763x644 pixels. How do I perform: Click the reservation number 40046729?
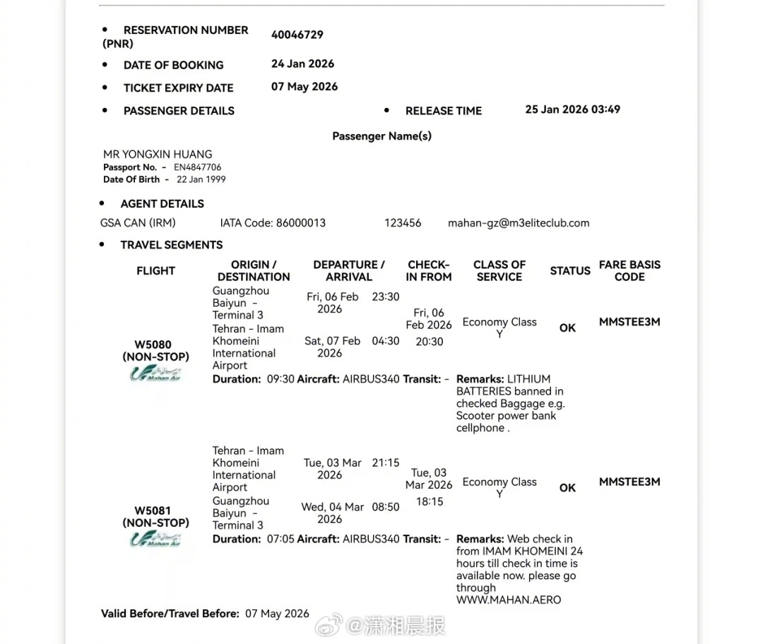[x=297, y=35]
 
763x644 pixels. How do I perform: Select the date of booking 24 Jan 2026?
[x=302, y=64]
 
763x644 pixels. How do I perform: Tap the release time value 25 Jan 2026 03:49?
[x=572, y=109]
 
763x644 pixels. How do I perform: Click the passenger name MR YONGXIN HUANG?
[x=158, y=154]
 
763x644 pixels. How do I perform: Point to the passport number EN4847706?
[x=197, y=167]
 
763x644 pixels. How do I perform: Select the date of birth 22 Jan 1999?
[x=201, y=179]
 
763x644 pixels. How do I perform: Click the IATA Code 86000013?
[x=300, y=222]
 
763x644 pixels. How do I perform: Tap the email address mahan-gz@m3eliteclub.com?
[x=518, y=222]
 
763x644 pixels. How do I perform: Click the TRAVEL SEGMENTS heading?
[x=171, y=245]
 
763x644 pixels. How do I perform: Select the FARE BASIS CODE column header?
[x=629, y=270]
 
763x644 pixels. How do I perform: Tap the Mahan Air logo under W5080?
[x=155, y=374]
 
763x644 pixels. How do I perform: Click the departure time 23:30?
[x=385, y=297]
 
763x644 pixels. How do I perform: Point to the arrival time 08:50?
[x=385, y=507]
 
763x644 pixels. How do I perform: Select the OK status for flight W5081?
[x=567, y=488]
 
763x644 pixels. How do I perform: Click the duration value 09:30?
[x=280, y=379]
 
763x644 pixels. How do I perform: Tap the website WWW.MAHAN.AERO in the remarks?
[x=508, y=600]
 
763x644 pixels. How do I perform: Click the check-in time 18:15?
[x=430, y=501]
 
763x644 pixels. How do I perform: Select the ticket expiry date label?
[x=178, y=88]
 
